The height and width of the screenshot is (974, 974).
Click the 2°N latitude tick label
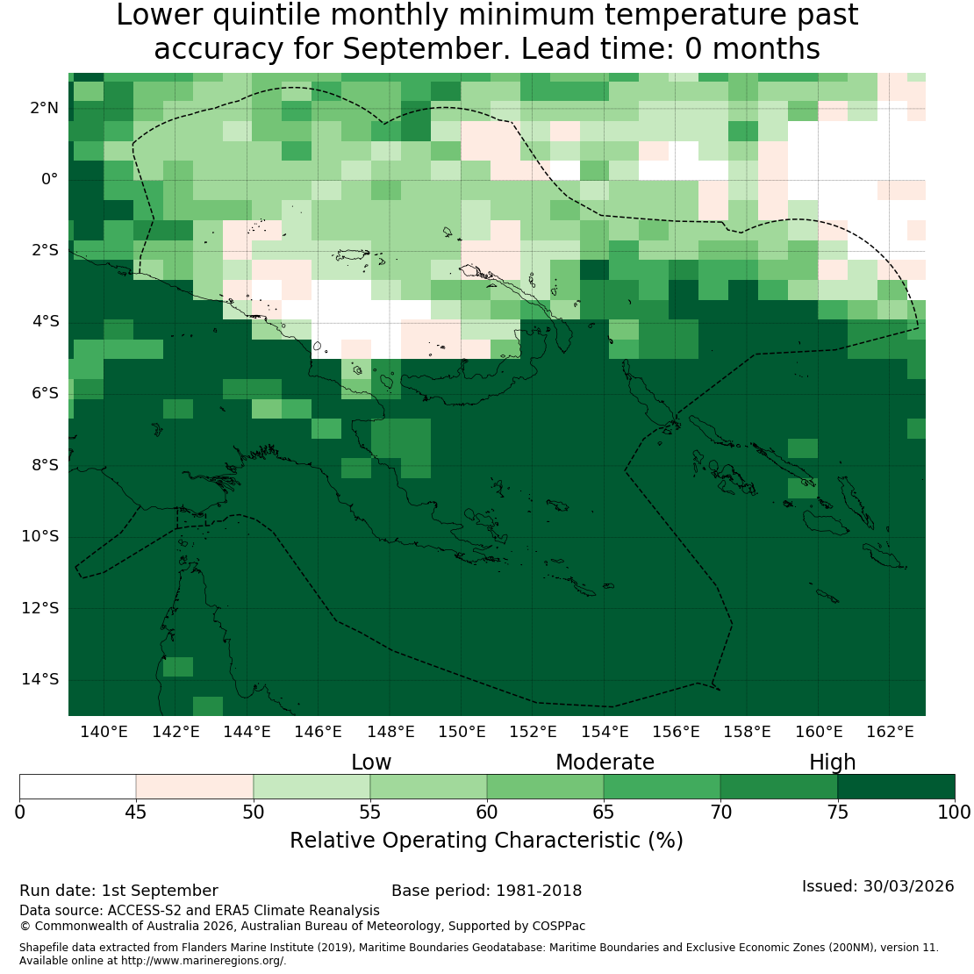(x=44, y=108)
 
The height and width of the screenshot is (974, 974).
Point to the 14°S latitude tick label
(x=40, y=679)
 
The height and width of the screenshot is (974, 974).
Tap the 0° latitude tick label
(x=50, y=180)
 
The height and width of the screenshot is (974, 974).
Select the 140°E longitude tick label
(x=104, y=732)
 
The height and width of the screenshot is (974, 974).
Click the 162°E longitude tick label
(x=890, y=732)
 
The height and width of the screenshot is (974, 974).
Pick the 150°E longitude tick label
(x=462, y=732)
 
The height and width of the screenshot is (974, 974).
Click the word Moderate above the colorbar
(x=605, y=762)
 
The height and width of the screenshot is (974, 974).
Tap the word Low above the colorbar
(x=371, y=762)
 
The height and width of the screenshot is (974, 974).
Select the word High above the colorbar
(x=833, y=762)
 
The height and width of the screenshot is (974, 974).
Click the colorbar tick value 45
(x=136, y=812)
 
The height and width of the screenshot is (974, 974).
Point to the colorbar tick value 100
(x=954, y=812)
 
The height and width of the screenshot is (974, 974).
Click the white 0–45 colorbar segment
(x=77, y=786)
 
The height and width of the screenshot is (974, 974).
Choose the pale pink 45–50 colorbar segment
(x=195, y=786)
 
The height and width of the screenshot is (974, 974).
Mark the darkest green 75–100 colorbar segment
(x=897, y=786)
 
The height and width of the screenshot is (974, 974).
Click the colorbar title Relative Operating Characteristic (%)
(x=486, y=841)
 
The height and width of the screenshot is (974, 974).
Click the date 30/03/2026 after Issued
(x=909, y=885)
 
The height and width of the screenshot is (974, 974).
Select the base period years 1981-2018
(x=539, y=891)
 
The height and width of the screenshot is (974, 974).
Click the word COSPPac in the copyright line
(x=558, y=926)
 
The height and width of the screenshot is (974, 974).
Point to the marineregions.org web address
(x=203, y=960)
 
